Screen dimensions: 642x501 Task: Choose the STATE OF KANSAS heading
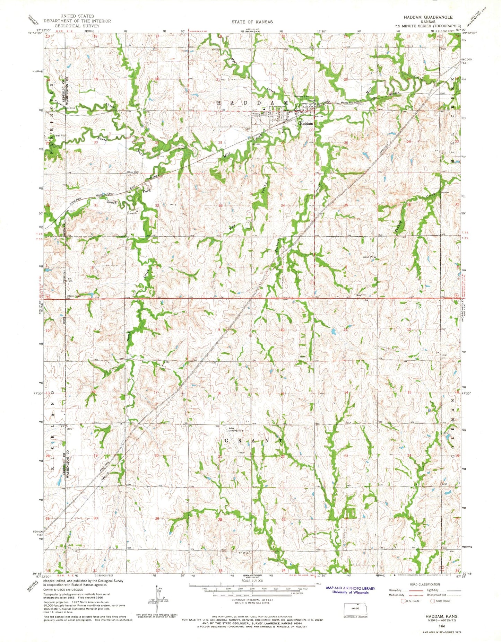pyautogui.click(x=252, y=21)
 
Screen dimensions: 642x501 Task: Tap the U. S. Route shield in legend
pyautogui.click(x=403, y=601)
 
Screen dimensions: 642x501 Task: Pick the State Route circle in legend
pyautogui.click(x=432, y=601)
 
